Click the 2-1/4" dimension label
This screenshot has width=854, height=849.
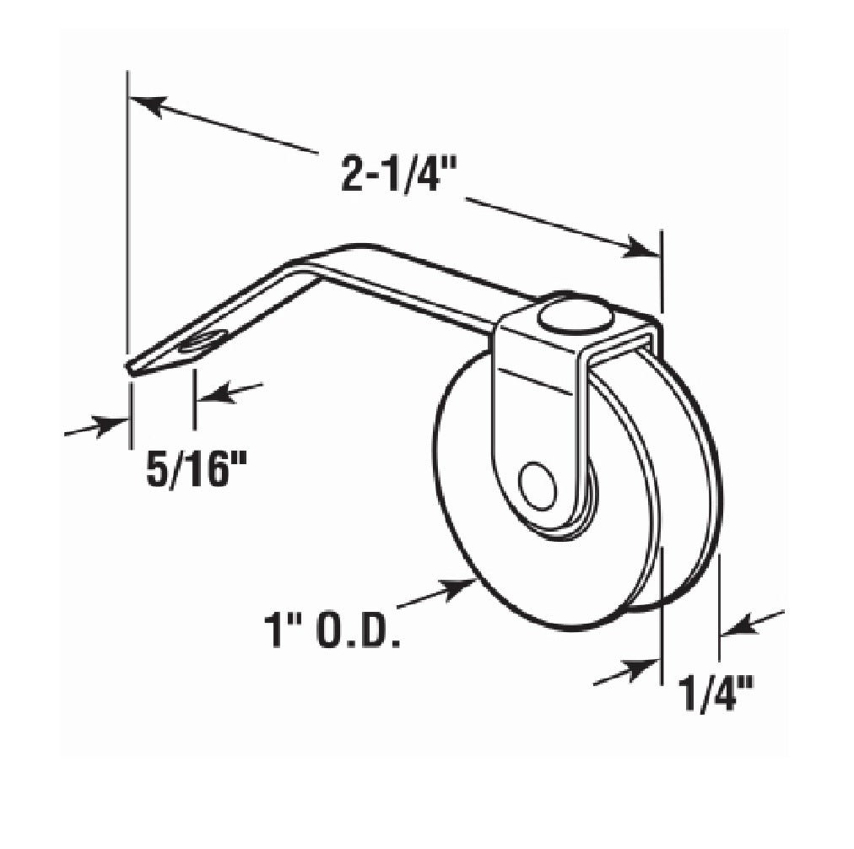point(397,176)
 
